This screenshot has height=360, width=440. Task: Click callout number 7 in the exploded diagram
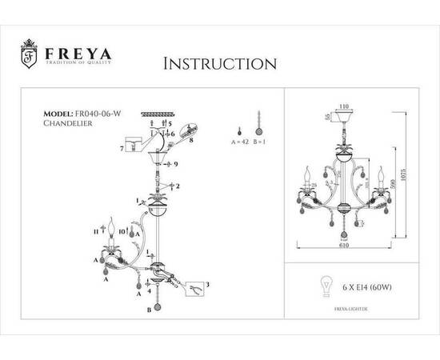(x=121, y=149)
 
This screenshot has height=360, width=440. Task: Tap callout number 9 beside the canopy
(x=174, y=165)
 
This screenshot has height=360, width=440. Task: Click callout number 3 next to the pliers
(x=208, y=285)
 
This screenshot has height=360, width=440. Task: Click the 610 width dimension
(x=343, y=248)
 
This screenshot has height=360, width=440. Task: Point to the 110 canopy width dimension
(x=344, y=106)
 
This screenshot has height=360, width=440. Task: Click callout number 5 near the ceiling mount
(x=170, y=125)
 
